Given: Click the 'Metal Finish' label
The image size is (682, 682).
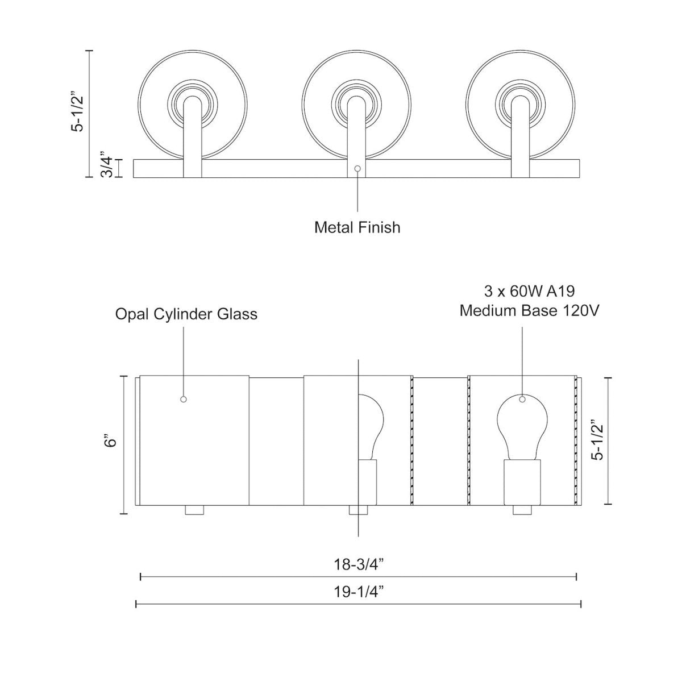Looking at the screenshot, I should pos(357,227).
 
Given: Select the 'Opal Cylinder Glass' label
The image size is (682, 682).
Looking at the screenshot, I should pos(186,314).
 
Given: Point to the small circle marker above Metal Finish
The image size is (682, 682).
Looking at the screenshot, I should pos(357,169).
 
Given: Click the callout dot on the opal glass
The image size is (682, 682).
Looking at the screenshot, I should pos(183,400).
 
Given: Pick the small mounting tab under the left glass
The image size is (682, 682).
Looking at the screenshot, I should pos(194,510).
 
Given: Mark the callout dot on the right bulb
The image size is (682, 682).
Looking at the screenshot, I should pos(522,400).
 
